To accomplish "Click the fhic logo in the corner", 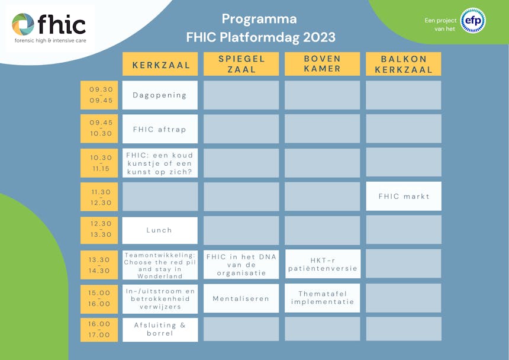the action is pos(49,28).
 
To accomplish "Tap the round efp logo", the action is pos(473,21).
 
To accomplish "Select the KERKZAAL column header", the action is pos(160,64).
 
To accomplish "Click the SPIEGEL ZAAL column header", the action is pos(241,64).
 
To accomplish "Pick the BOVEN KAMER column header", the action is pos(323,64).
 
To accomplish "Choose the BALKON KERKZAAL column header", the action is pos(404,64).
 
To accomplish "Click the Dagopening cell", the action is pos(160,95).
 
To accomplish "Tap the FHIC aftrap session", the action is pos(160,129).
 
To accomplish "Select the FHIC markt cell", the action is pos(404,196).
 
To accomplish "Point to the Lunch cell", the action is pos(160,230).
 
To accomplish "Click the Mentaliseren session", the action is pos(241,298).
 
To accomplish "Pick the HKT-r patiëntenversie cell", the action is pos(323,264).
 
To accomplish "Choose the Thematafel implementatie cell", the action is pos(323,298).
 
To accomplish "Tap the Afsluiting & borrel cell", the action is pos(160,329).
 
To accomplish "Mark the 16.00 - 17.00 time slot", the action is pos(99,329).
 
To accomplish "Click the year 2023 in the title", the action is pos(319,37).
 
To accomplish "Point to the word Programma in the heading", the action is pos(259,19).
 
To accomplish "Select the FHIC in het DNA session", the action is pos(241,265).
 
